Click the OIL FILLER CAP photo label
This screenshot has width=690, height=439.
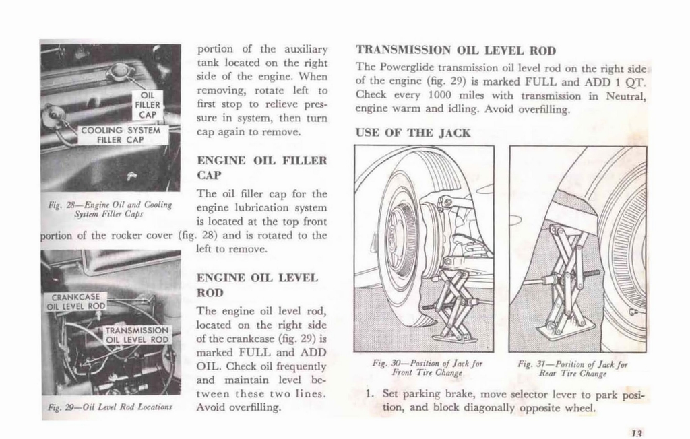click(147, 104)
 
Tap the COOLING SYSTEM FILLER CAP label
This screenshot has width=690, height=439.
click(121, 135)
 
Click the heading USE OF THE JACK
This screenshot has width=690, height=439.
click(412, 133)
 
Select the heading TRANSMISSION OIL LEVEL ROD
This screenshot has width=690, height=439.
click(456, 50)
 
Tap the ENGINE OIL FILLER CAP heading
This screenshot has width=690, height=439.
click(261, 168)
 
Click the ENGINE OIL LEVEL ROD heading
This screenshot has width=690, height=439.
click(257, 285)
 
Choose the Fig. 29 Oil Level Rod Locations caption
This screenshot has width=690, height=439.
click(110, 407)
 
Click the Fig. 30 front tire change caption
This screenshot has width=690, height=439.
click(427, 368)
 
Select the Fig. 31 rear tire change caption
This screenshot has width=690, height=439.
click(572, 368)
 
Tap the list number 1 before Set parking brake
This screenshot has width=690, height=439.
click(371, 393)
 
